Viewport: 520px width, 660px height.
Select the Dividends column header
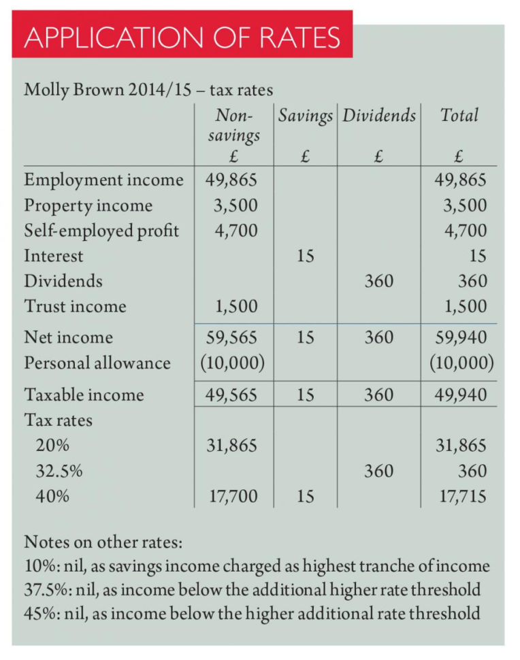click(378, 115)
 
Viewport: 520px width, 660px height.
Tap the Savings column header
click(305, 115)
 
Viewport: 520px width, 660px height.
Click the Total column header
click(459, 115)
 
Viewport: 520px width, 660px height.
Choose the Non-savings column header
click(233, 125)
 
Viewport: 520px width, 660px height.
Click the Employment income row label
click(103, 180)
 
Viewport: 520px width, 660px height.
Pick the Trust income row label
click(75, 306)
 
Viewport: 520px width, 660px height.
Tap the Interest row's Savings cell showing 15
click(305, 256)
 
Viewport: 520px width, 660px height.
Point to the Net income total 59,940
click(461, 337)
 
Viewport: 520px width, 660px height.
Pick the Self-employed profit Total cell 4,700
click(466, 231)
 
